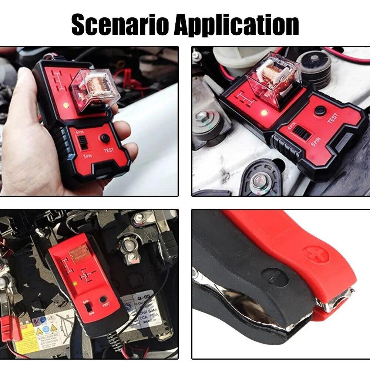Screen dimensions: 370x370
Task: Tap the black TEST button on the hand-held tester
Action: [106, 138]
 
